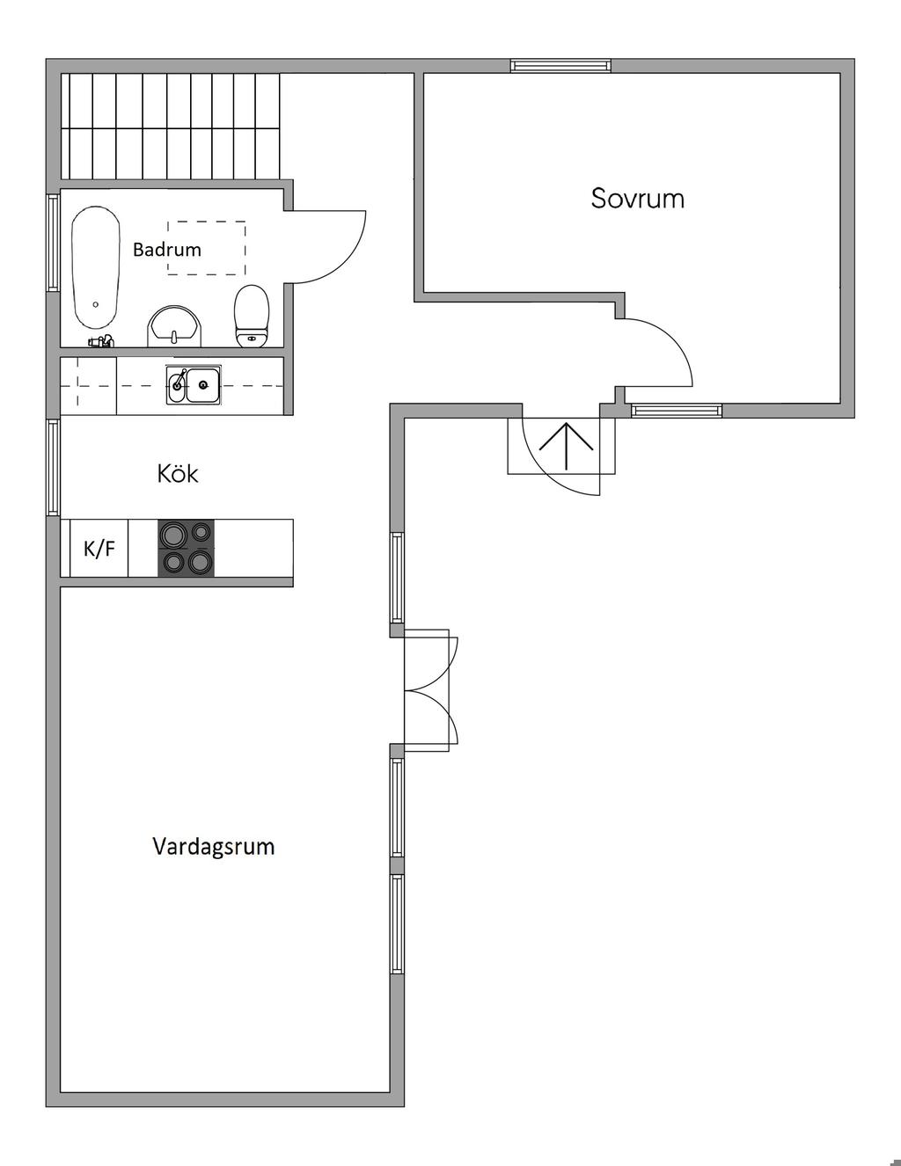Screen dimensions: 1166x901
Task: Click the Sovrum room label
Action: point(637,198)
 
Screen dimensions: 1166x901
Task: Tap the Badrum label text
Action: point(166,250)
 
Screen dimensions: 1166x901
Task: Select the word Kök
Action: point(177,474)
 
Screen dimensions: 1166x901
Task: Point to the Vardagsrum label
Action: point(213,847)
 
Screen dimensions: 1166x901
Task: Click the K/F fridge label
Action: point(99,550)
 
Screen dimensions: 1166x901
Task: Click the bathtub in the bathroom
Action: point(95,269)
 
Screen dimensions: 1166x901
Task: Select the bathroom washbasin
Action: point(174,326)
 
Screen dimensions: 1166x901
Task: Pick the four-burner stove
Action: point(186,548)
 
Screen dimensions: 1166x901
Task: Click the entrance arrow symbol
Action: point(567,446)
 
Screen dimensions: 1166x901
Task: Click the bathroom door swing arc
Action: point(339,247)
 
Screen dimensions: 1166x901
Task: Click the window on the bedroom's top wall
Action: point(560,65)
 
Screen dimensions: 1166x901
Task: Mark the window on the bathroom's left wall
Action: point(53,242)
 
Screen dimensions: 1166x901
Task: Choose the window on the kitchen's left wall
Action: point(53,468)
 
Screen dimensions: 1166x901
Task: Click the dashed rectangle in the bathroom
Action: point(206,248)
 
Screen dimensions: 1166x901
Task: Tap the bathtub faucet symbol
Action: point(100,340)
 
